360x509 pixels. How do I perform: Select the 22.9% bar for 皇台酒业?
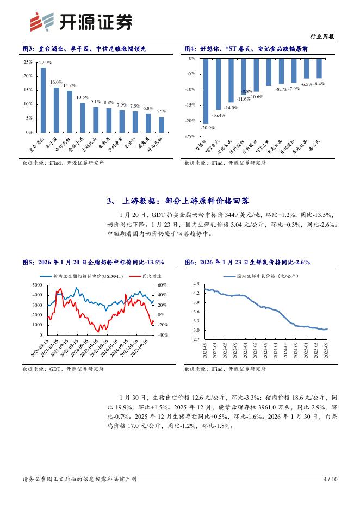(43, 100)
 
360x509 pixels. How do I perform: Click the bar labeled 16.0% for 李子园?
(56, 110)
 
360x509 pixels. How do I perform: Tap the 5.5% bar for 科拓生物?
(161, 125)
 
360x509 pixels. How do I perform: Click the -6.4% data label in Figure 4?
(319, 84)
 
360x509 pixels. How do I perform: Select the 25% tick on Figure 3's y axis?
(28, 61)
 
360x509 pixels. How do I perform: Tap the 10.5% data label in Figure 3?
(82, 97)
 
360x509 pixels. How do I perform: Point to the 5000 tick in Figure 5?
(37, 285)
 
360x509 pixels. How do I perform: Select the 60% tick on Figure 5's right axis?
(161, 285)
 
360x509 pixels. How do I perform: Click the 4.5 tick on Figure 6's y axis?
(196, 284)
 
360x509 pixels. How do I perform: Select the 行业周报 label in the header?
(325, 36)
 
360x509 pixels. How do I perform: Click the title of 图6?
(247, 262)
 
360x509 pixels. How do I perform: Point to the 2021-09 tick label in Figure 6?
(205, 349)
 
